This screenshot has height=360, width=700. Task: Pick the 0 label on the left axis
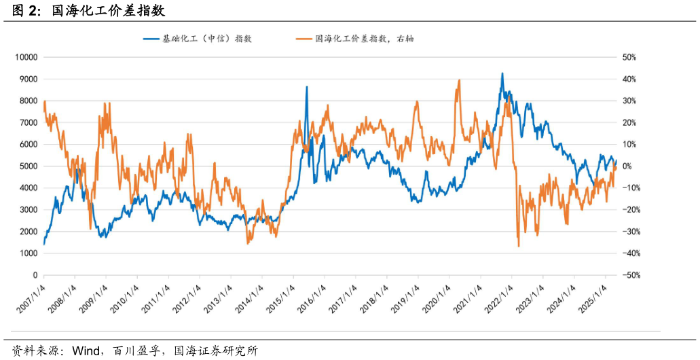pos(34,275)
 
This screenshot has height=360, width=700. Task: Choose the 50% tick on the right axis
pos(629,57)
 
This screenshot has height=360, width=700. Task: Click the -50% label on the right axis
pos(629,275)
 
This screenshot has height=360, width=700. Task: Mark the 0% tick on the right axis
pos(627,166)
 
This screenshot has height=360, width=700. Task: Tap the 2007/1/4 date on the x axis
pos(31,299)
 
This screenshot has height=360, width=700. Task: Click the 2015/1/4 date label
pos(280,299)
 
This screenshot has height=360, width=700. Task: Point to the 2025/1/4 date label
pos(592,299)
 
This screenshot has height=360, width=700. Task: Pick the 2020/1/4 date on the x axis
pos(436,299)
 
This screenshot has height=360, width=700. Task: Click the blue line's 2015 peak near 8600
pos(306,87)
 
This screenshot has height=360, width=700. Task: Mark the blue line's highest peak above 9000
pos(502,73)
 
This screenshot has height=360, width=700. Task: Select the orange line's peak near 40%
pos(460,80)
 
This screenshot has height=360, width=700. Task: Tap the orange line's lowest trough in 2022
pos(519,246)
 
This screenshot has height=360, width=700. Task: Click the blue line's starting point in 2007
pos(44,243)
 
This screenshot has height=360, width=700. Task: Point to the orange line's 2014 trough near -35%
pos(248,242)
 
